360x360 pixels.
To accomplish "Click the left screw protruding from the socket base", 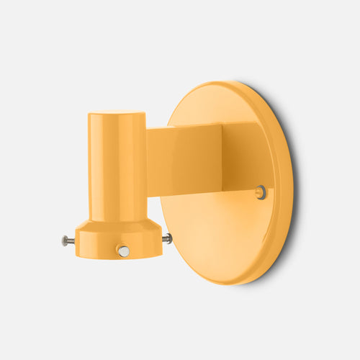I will [67, 241].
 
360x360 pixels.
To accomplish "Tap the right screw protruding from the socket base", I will [168, 238].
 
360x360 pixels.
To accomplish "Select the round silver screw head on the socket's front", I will [123, 251].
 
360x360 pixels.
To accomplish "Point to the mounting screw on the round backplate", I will [261, 192].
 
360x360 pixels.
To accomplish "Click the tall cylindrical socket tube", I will [117, 166].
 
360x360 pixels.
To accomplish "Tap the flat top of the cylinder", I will [117, 113].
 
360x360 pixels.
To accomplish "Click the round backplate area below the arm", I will [216, 230].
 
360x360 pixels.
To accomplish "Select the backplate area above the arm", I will [216, 108].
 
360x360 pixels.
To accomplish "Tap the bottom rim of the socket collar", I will [119, 256].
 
